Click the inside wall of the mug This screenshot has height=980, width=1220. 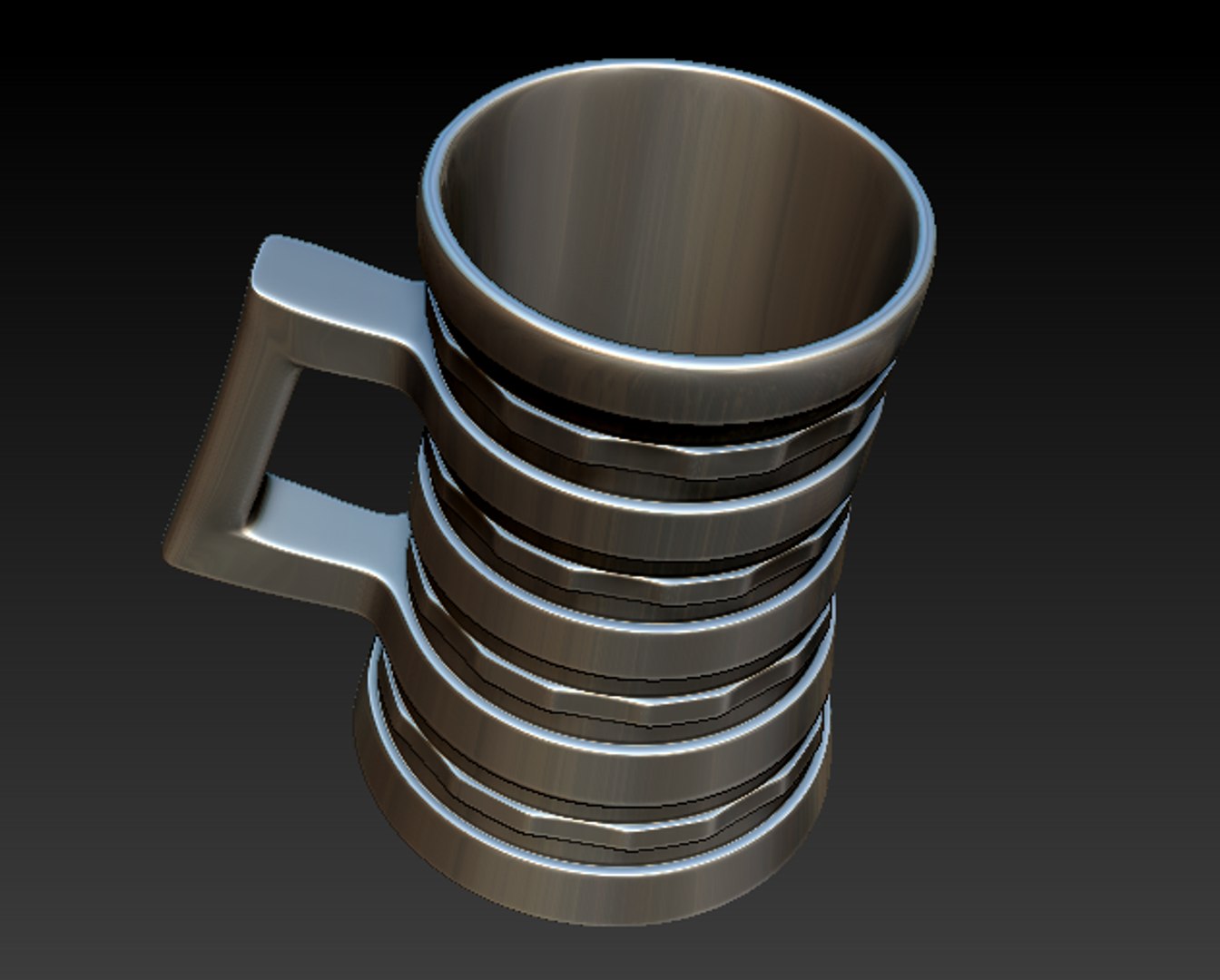[x=672, y=200]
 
